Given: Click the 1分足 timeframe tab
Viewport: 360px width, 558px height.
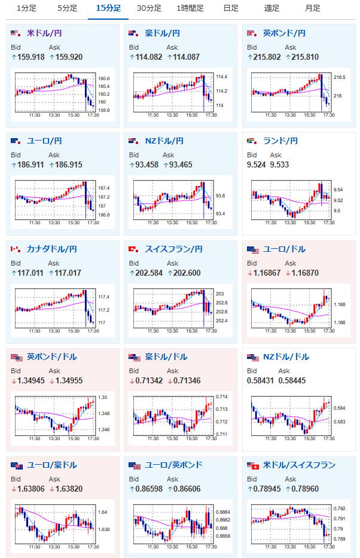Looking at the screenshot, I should [26, 8].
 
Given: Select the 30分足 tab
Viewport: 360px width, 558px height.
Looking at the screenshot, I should [149, 8].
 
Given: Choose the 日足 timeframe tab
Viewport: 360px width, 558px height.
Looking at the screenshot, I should [230, 8].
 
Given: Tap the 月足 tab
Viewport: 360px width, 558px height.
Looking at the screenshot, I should [312, 8].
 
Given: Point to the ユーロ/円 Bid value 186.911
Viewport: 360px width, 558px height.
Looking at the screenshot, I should [27, 165].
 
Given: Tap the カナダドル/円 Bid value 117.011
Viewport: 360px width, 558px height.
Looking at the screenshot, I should [27, 273].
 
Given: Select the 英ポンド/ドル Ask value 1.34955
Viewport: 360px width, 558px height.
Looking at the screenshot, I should [68, 381].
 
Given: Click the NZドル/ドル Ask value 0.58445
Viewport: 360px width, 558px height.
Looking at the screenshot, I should [288, 381].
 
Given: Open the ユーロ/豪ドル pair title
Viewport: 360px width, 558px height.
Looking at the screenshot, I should [52, 465].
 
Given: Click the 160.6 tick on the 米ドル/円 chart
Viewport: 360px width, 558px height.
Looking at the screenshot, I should [104, 78].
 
